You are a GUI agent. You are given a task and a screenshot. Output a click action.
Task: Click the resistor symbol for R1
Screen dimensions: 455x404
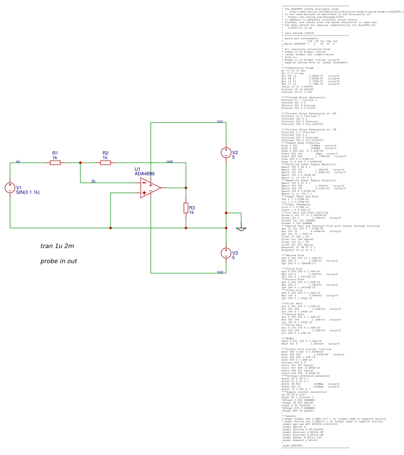coord(55,162)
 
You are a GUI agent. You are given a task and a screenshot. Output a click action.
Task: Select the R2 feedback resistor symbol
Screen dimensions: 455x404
coord(106,162)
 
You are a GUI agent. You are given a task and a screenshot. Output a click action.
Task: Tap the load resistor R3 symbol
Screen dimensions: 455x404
coord(186,208)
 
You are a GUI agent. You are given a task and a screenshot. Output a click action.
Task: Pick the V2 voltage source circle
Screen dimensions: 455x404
coord(226,153)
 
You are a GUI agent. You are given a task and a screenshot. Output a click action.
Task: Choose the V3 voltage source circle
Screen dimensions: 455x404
coord(226,253)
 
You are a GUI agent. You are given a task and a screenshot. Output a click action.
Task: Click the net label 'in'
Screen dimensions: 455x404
coord(18,161)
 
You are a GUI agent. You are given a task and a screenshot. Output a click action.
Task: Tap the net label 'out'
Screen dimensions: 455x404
coord(170,161)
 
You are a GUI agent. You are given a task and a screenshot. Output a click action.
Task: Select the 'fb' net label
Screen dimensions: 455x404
coord(93,181)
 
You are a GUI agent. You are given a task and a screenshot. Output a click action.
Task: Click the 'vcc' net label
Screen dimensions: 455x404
coord(220,121)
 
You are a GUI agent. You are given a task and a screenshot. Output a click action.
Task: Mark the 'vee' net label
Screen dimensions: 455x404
coord(220,272)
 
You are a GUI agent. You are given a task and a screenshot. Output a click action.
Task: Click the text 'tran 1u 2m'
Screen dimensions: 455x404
coord(57,246)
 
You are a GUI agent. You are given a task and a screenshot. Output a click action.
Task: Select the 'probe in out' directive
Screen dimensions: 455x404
coord(59,261)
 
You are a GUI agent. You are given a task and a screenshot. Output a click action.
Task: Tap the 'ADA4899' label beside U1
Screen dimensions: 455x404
coord(145,174)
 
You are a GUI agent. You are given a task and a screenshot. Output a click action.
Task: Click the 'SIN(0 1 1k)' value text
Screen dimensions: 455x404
coord(28,192)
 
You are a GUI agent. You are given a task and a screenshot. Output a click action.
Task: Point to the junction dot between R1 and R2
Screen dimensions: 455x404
coord(80,163)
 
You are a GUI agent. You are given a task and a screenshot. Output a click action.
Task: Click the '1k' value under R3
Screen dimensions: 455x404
coord(191,212)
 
